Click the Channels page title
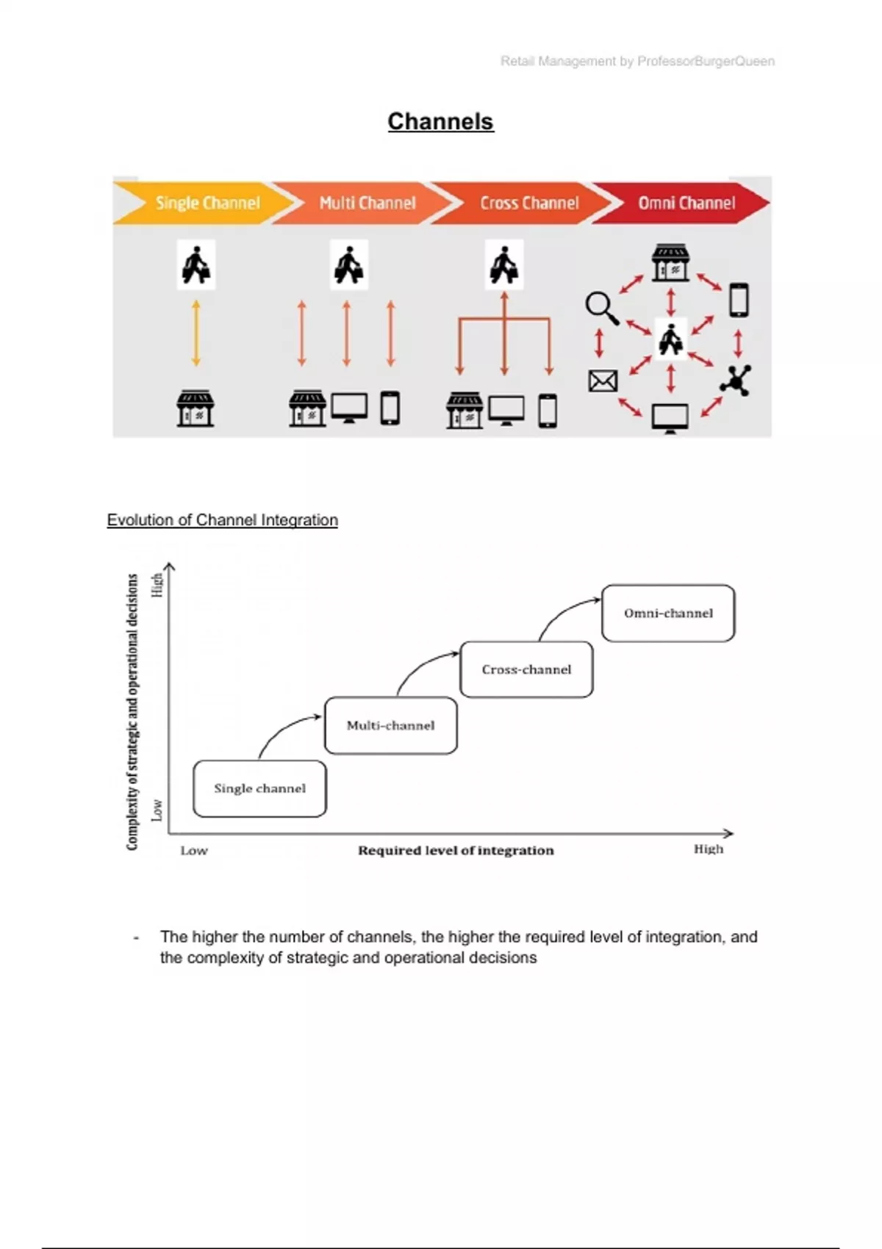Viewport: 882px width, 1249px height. point(440,121)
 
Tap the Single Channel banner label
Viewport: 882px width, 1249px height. point(207,203)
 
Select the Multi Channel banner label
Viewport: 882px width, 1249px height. point(367,203)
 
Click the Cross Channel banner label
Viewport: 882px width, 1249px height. point(529,203)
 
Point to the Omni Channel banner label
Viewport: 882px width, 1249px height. point(686,203)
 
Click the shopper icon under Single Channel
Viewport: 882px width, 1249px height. point(196,264)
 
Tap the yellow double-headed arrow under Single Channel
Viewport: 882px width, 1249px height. point(196,333)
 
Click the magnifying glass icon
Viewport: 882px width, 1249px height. point(601,307)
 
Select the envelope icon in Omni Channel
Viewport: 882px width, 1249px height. point(603,381)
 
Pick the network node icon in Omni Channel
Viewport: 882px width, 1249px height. point(736,380)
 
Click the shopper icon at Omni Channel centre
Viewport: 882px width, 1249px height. point(670,340)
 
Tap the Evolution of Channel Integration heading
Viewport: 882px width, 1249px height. point(222,520)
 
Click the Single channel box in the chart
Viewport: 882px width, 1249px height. point(259,788)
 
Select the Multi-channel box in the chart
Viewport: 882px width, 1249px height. point(390,725)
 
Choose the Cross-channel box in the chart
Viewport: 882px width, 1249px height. point(526,669)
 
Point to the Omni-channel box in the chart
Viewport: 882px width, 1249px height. point(668,613)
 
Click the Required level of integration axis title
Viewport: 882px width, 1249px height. point(456,850)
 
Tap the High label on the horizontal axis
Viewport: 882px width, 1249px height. point(709,849)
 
